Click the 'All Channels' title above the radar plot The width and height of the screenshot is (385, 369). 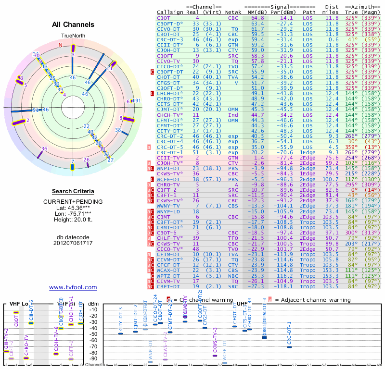click(72, 25)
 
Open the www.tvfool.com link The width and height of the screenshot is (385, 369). click(73, 287)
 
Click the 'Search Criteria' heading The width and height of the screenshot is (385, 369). click(73, 191)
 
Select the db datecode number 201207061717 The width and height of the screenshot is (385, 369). click(73, 243)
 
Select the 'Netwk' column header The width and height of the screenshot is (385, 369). click(233, 12)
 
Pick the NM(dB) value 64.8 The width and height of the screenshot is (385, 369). click(257, 18)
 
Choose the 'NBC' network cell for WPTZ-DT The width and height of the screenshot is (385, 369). click(233, 276)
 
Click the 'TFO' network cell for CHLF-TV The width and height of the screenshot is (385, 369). click(233, 237)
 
